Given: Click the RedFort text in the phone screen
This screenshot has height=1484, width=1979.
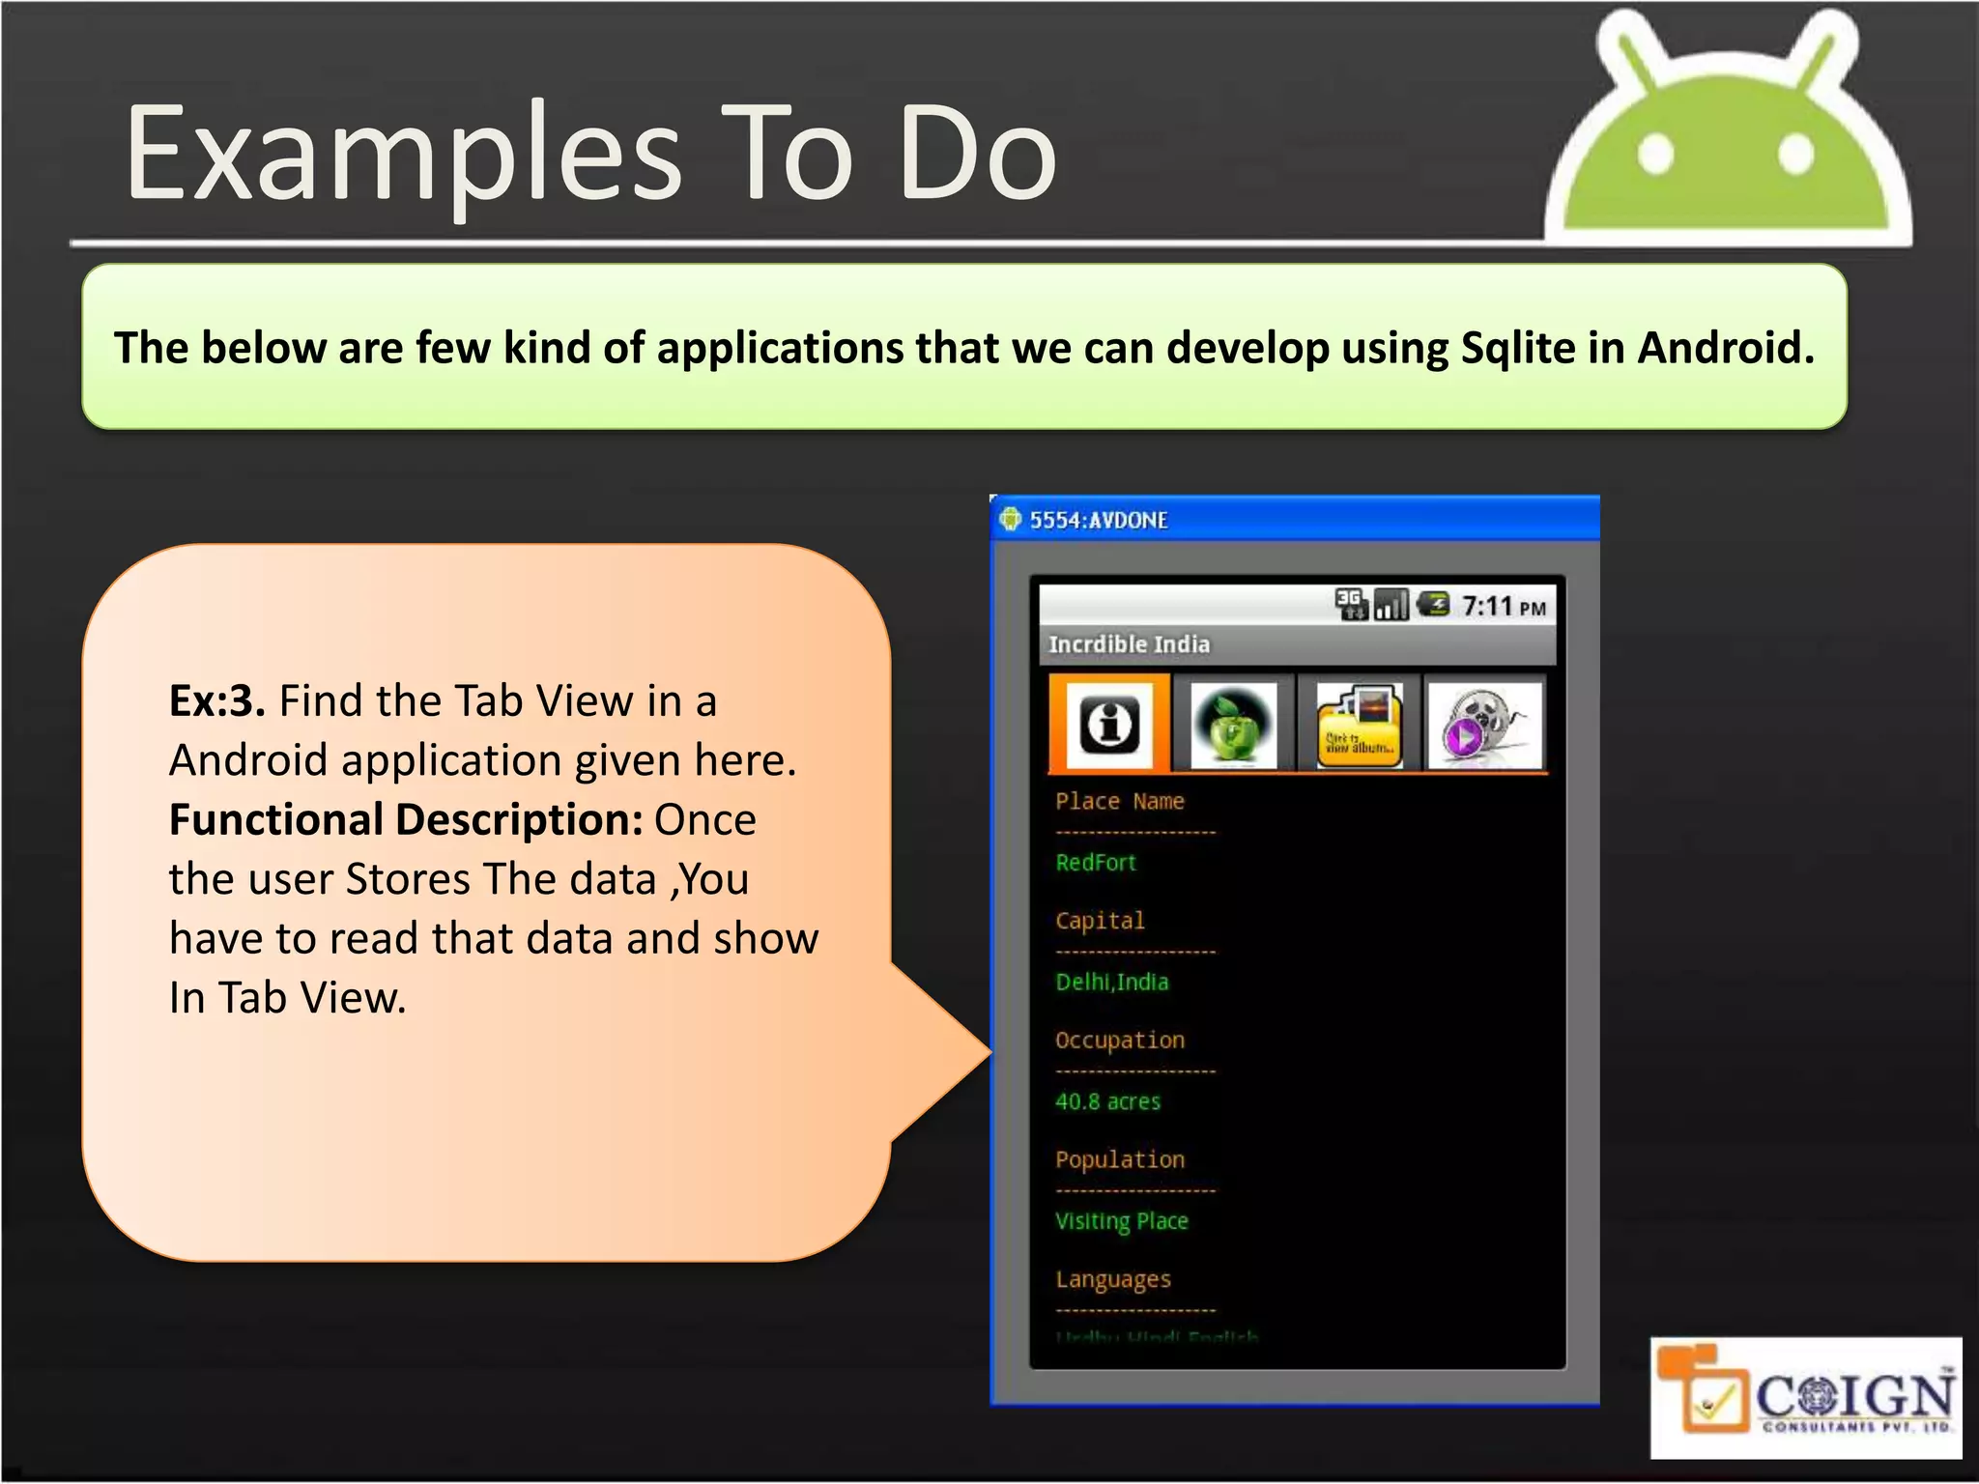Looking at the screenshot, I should (1096, 863).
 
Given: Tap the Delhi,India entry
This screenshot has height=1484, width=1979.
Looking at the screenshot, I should (1112, 983).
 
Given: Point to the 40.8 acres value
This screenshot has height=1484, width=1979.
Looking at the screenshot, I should (1108, 1101).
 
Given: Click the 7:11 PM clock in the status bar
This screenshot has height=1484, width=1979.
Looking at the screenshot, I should (1503, 607).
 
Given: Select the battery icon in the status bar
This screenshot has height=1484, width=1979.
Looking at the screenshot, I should (1433, 605).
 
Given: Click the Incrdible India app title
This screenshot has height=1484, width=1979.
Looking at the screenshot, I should (1129, 644).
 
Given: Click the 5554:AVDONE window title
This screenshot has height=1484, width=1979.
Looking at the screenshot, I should (1099, 521).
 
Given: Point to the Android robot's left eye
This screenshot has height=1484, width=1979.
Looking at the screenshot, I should (1655, 155).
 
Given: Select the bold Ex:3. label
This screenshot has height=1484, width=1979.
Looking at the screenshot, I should (216, 700).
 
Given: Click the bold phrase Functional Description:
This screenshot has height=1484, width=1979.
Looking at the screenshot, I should (406, 819).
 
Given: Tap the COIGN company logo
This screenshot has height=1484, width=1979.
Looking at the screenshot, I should (1805, 1398).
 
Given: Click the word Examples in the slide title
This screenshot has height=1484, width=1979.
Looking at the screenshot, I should (404, 155).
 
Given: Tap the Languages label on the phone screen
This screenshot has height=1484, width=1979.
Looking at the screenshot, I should (1113, 1280).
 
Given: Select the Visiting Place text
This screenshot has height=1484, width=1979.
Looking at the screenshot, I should (1122, 1221).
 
